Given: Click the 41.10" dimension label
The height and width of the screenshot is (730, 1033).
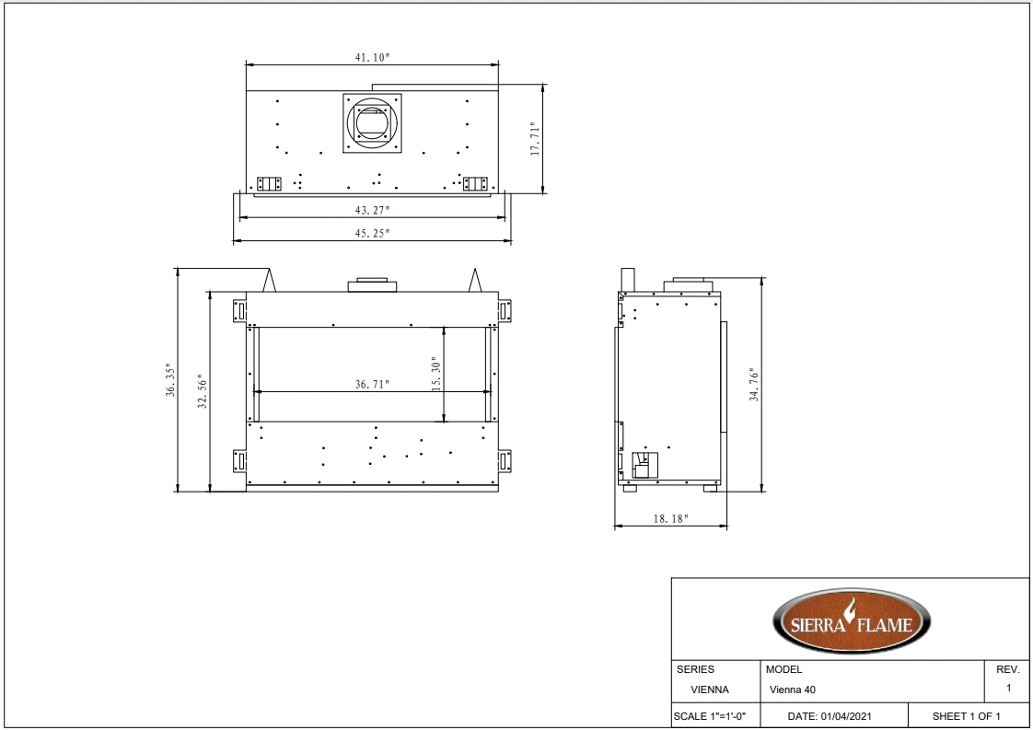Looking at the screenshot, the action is coord(372,57).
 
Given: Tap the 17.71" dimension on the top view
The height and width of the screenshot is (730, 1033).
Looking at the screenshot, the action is coord(535,139).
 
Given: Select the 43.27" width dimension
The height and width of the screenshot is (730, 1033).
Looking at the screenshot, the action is coord(372,210).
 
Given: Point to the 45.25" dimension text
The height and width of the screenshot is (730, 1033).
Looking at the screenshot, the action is coord(372,233).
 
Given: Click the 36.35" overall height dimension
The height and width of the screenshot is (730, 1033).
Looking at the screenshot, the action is coord(170,379).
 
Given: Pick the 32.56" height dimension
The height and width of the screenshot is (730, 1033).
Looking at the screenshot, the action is coord(203,391).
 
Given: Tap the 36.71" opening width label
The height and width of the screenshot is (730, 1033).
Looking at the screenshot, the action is coord(372,384).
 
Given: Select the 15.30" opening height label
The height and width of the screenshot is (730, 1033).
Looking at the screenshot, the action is coord(435,375).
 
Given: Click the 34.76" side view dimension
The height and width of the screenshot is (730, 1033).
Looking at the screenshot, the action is coord(754,385).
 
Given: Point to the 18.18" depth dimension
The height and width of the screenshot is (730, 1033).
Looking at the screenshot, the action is coord(670,518).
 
